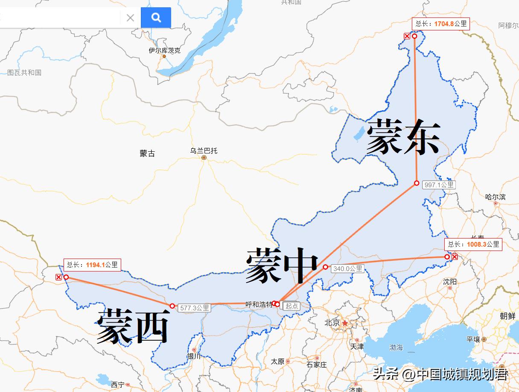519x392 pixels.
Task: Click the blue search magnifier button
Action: [156, 18]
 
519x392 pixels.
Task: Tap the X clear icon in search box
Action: [130, 18]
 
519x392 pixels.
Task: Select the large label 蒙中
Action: [282, 265]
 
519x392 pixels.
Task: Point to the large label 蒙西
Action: [133, 327]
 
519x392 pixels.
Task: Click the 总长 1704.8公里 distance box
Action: [441, 24]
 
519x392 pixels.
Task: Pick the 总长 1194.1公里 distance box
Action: [93, 265]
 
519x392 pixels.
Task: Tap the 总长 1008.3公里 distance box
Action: [473, 245]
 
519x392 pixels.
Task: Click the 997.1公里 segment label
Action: [438, 185]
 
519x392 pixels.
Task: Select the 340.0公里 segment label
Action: [348, 269]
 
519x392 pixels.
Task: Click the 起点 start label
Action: [292, 306]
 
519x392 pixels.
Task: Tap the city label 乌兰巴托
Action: [204, 151]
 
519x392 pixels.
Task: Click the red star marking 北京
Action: [345, 323]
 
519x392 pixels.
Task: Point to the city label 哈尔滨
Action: [495, 197]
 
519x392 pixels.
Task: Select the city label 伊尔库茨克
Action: [164, 50]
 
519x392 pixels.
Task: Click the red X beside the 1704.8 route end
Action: [407, 36]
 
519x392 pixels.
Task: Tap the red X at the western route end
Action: [58, 277]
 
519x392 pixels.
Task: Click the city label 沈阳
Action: [450, 282]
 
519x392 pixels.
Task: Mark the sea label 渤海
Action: [396, 348]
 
